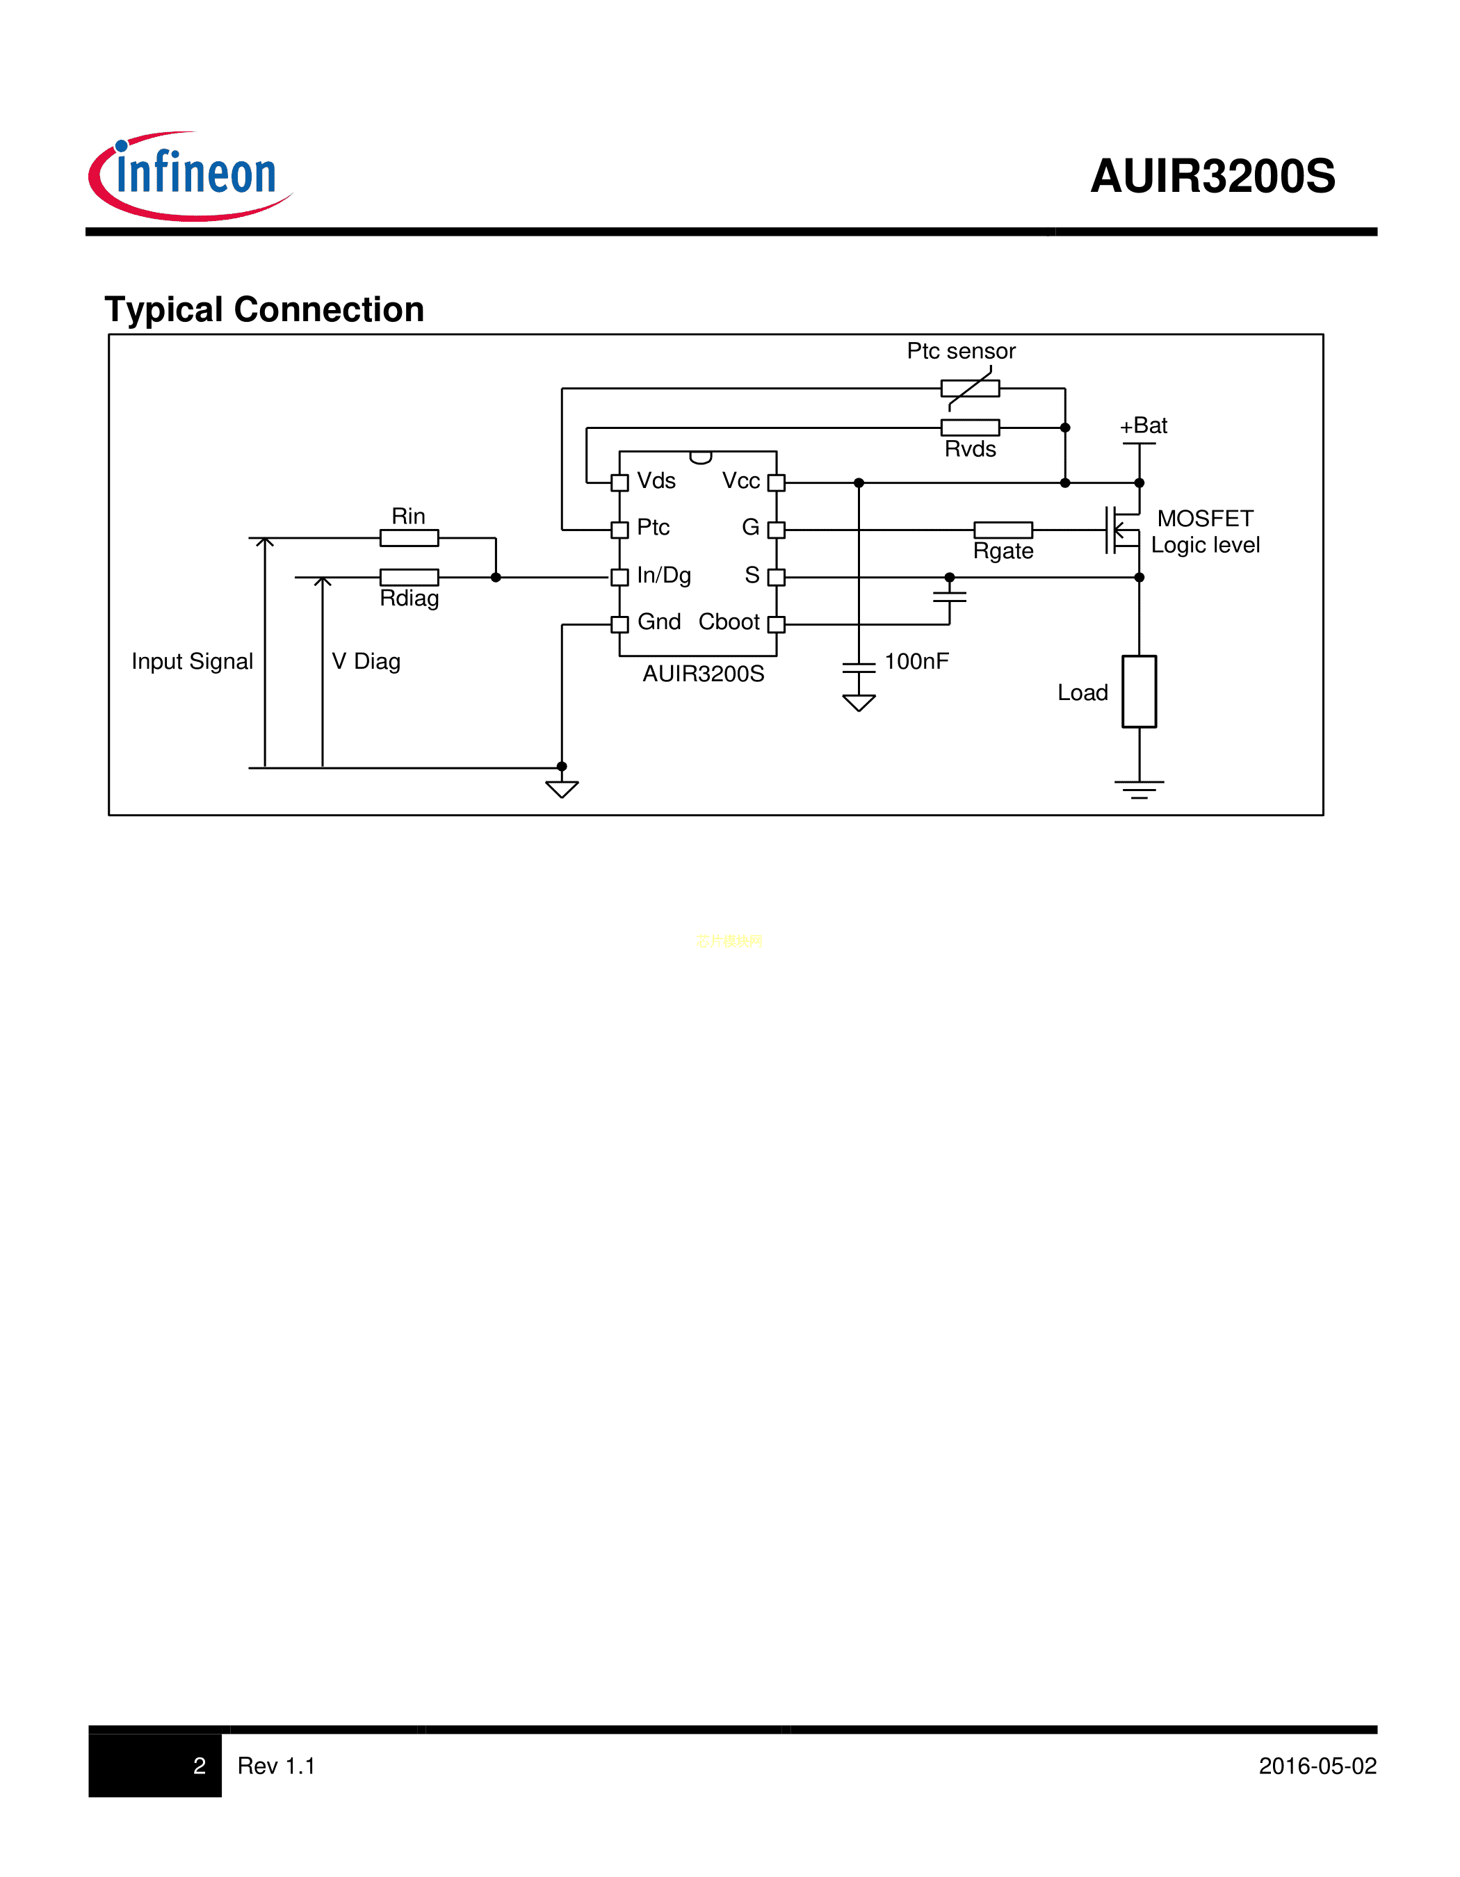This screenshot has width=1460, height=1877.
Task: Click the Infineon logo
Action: pyautogui.click(x=190, y=175)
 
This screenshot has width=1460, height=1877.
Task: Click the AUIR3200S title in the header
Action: pyautogui.click(x=1212, y=176)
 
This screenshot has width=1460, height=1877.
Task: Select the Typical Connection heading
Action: pyautogui.click(x=263, y=309)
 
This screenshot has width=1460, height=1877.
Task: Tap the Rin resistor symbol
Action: pyautogui.click(x=409, y=538)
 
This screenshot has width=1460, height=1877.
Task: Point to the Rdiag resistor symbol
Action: pyautogui.click(x=409, y=577)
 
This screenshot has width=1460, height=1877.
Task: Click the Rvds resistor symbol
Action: pyautogui.click(x=969, y=427)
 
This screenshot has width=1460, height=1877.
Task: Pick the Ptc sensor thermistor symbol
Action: pyautogui.click(x=969, y=389)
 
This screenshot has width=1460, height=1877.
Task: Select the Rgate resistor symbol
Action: pyautogui.click(x=1002, y=530)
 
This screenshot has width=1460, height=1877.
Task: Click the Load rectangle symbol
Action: pyautogui.click(x=1139, y=691)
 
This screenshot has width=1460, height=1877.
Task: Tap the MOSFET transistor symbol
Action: pyautogui.click(x=1122, y=530)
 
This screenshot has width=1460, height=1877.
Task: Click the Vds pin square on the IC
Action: pyautogui.click(x=619, y=483)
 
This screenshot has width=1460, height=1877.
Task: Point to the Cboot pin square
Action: pyautogui.click(x=776, y=625)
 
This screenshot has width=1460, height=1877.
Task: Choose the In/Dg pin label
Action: pyautogui.click(x=663, y=575)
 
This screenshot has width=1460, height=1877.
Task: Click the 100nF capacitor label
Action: pyautogui.click(x=916, y=661)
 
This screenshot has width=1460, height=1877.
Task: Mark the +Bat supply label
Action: pyautogui.click(x=1144, y=425)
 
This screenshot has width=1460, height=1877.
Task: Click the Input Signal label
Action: pyautogui.click(x=192, y=661)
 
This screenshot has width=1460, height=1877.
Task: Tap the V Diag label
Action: pyautogui.click(x=366, y=661)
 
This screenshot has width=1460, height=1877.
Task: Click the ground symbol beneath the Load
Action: pyautogui.click(x=1139, y=789)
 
